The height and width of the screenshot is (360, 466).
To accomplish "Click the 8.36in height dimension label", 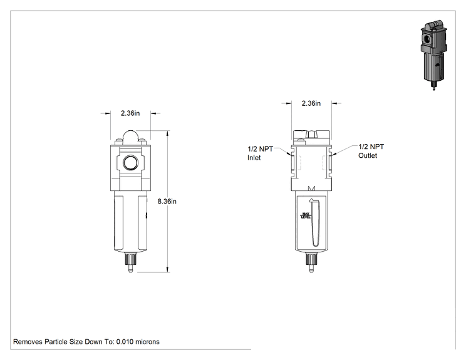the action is pyautogui.click(x=167, y=202).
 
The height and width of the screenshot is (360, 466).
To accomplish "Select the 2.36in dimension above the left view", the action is pyautogui.click(x=130, y=113).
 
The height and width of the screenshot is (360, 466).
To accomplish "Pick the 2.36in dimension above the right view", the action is pyautogui.click(x=311, y=103).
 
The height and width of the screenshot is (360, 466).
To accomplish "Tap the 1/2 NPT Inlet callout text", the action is pyautogui.click(x=260, y=153).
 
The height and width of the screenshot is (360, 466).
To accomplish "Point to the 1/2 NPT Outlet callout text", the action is pyautogui.click(x=371, y=151).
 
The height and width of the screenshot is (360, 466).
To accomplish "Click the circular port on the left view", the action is pyautogui.click(x=130, y=163).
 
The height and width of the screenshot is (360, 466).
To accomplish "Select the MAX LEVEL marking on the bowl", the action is pyautogui.click(x=306, y=215).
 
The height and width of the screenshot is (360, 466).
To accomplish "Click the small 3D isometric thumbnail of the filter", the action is pyautogui.click(x=434, y=54).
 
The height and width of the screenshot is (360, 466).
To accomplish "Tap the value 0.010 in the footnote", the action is pyautogui.click(x=125, y=342).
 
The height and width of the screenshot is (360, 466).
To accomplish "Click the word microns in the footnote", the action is pyautogui.click(x=147, y=342).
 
